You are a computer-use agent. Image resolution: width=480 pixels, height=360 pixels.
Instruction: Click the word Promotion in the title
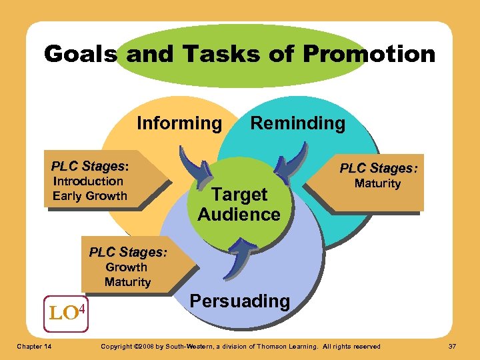(x=377, y=54)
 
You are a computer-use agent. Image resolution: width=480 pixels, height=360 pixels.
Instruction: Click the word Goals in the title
(x=81, y=54)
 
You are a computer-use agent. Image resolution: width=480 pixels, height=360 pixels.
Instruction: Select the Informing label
(x=179, y=123)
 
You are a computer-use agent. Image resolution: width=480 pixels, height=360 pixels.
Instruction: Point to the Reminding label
(x=297, y=123)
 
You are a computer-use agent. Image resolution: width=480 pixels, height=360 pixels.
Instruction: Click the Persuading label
(x=240, y=301)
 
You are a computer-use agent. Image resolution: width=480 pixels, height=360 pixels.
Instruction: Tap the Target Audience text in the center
(x=239, y=204)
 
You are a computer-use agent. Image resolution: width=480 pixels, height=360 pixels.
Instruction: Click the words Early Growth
(x=90, y=196)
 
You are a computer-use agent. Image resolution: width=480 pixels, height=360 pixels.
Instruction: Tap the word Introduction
(x=88, y=181)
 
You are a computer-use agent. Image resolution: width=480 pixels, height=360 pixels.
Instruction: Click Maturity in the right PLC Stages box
(x=377, y=183)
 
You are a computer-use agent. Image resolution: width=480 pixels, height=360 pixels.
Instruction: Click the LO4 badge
(x=67, y=311)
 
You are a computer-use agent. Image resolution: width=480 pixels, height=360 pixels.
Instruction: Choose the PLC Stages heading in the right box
(x=379, y=167)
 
